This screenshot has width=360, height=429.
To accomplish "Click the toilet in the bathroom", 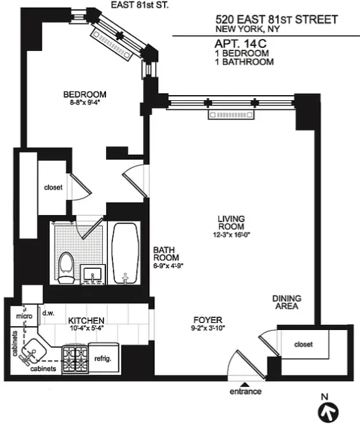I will point(66,267).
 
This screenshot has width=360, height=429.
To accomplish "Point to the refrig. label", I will point(103,359).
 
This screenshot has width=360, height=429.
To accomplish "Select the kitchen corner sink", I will point(33,351).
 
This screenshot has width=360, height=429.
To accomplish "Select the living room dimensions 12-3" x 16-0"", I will point(232,235).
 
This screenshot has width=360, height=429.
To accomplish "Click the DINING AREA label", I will point(287,302).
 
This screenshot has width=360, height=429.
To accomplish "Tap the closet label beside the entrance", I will point(303,345).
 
